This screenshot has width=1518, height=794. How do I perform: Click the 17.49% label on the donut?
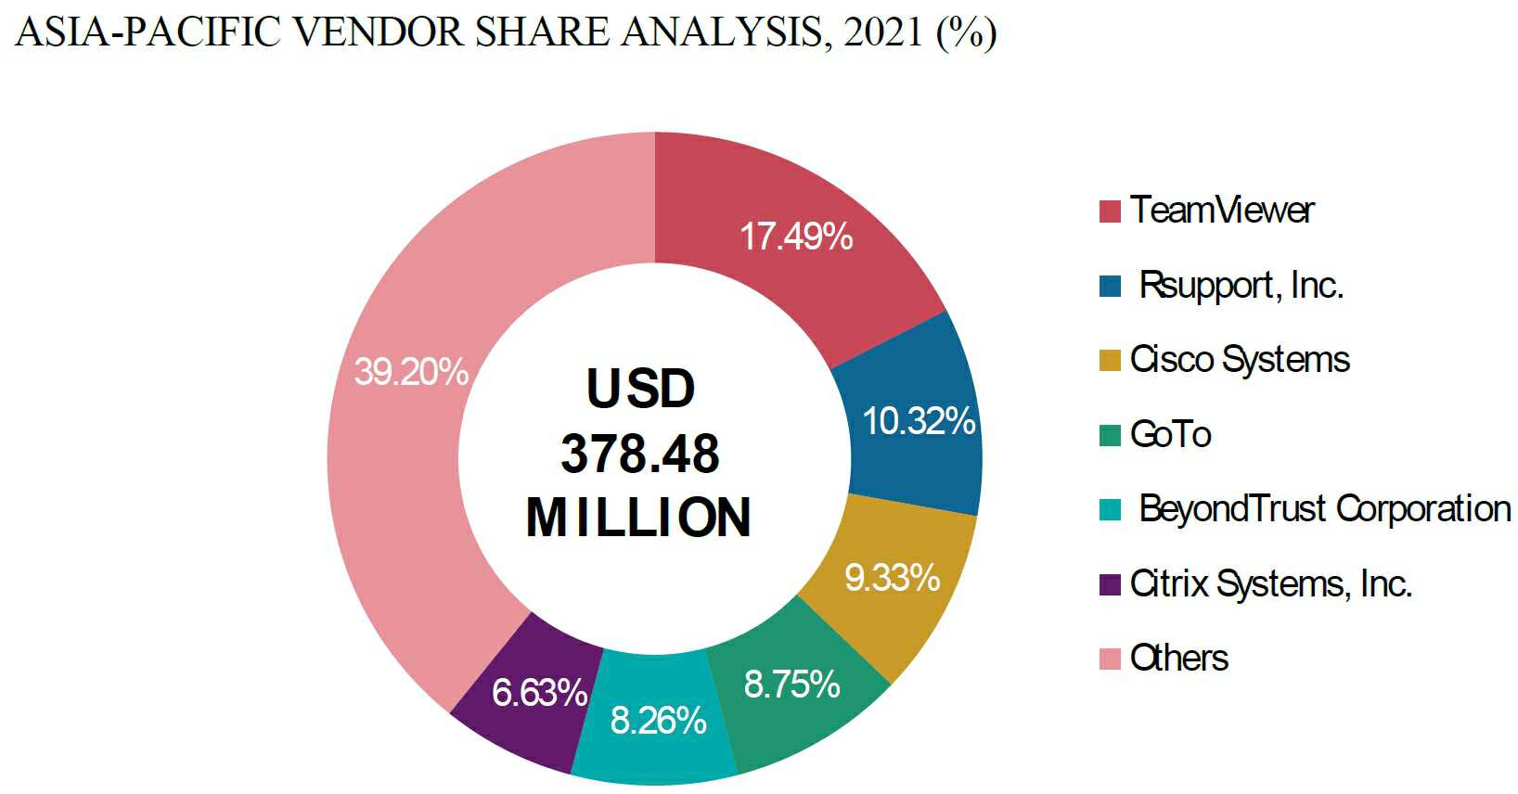(796, 237)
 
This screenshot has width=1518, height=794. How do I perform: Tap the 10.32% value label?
(919, 421)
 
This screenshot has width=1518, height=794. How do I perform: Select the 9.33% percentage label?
(892, 578)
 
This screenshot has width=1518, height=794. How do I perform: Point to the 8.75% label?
(791, 685)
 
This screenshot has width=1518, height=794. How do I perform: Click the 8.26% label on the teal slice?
(658, 721)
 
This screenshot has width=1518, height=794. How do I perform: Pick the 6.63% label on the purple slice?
(539, 693)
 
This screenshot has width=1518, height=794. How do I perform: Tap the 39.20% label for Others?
(411, 372)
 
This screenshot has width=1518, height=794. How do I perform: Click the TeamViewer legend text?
(1222, 211)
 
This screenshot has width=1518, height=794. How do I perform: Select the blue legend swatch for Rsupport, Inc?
(1110, 286)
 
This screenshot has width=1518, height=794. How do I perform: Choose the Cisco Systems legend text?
(1240, 360)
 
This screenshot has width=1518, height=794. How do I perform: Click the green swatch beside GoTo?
(1110, 435)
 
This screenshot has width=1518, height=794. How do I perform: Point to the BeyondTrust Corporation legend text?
(1325, 509)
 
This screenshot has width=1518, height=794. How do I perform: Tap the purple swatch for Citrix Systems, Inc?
(1110, 584)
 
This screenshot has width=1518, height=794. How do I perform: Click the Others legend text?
(1178, 659)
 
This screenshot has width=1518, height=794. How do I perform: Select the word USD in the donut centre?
(640, 389)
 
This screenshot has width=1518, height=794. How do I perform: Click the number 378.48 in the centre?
(640, 454)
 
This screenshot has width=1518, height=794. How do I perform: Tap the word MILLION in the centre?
(638, 518)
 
